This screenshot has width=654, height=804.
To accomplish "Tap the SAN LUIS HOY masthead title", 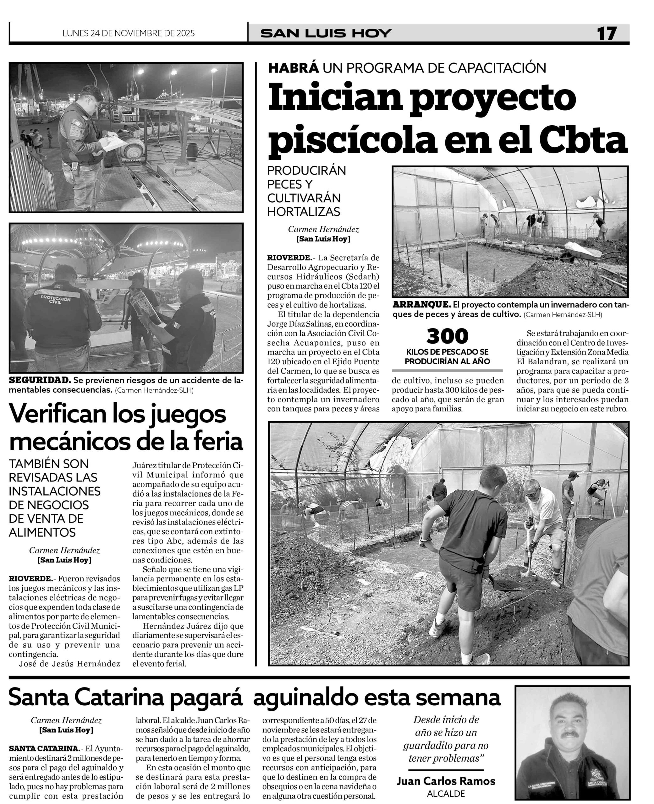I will tap(326, 34).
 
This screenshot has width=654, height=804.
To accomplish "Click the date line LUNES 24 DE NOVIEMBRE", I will tap(129, 34).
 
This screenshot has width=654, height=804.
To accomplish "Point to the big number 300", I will tap(447, 336).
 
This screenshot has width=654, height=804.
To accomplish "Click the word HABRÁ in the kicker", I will tap(294, 68).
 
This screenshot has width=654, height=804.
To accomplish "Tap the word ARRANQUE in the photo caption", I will tap(421, 305).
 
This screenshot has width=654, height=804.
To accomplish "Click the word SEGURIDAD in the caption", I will tap(40, 380).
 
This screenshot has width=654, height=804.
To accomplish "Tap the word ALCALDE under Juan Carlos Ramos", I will tap(446, 793).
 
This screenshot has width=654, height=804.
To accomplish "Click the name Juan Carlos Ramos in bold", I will tap(446, 781).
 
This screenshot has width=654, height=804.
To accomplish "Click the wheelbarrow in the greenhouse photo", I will tap(580, 251).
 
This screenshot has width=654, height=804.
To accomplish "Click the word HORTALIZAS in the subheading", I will tap(304, 212).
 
